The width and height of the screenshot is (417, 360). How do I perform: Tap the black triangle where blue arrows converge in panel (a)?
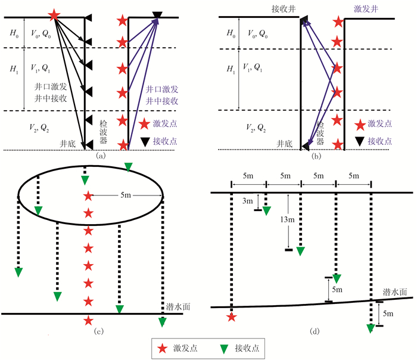pyautogui.click(x=157, y=15)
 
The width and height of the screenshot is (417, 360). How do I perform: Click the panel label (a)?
pyautogui.click(x=101, y=156)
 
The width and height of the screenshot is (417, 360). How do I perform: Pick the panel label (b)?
pyautogui.click(x=316, y=156)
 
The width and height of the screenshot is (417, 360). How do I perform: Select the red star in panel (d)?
pyautogui.click(x=232, y=317)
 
